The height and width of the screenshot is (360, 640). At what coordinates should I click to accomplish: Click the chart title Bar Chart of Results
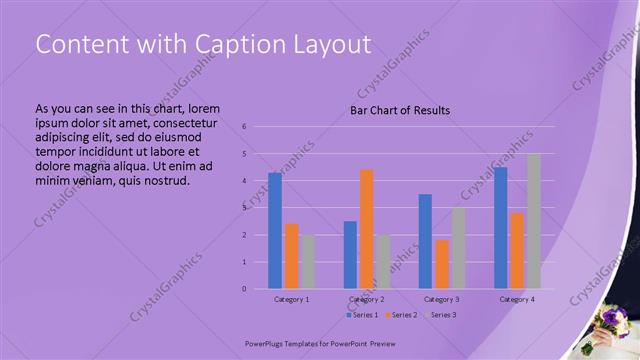coord(399,110)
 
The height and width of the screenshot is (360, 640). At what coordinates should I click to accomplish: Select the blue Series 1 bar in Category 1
coord(275,230)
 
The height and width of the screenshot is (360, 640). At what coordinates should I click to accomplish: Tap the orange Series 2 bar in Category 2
coord(366,229)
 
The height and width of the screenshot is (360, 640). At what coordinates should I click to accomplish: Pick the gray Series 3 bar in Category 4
coord(533,221)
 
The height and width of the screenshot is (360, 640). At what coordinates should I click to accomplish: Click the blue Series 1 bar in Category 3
coord(425,241)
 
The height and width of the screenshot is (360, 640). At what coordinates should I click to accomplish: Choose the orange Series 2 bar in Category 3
coord(442,264)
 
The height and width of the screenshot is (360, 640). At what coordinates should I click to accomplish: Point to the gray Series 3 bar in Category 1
coord(307,262)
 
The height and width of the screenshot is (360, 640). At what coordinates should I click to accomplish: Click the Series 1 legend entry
coord(362,315)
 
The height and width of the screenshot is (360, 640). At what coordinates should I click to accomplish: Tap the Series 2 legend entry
coord(400,315)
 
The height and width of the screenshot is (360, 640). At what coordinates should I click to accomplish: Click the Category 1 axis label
coord(292,299)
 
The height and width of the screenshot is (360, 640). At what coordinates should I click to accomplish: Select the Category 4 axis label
coord(517,299)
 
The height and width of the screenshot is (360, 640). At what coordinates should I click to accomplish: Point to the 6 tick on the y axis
coord(244,127)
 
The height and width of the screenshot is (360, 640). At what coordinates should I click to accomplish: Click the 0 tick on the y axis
coord(244,289)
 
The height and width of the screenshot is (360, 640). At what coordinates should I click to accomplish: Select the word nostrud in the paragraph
coord(160,180)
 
